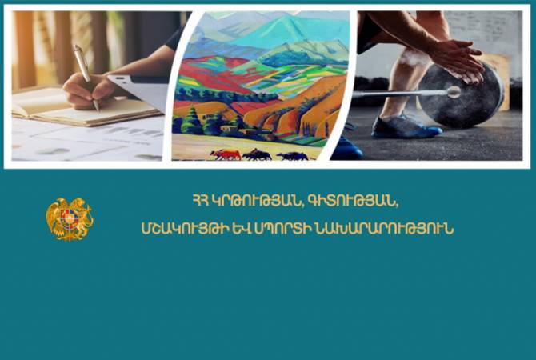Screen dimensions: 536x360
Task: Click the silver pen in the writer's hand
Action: [86, 77]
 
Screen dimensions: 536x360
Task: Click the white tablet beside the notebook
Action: [140, 90]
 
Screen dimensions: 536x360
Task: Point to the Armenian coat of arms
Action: [70, 219]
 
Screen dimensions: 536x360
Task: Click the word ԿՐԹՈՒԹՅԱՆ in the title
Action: [256, 201]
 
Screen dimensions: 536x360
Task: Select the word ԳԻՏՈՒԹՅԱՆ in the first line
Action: [353, 201]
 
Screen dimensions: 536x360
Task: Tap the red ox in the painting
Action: [226, 154]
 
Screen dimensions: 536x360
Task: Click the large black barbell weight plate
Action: [461, 94]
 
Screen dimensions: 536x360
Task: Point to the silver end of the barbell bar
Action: [454, 92]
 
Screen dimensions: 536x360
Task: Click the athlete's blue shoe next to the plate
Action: [406, 127]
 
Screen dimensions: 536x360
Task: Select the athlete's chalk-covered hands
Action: [454, 62]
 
